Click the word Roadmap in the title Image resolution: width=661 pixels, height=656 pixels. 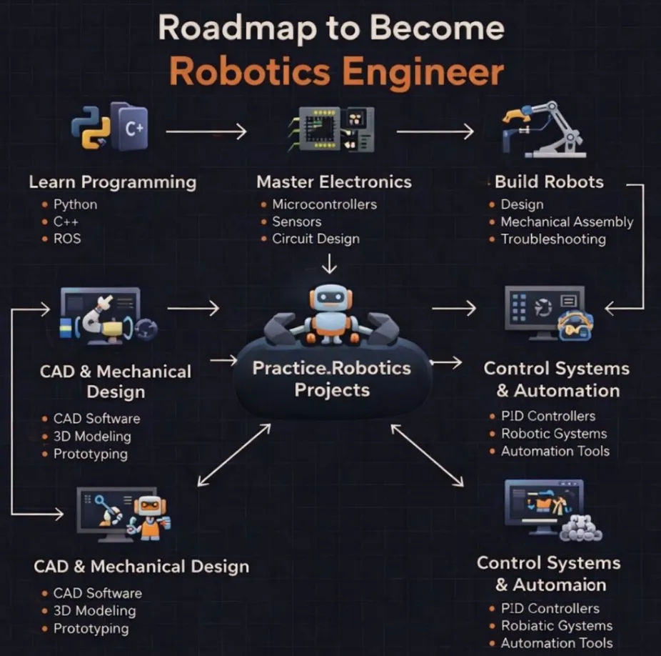point(237,29)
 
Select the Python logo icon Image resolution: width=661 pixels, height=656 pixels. point(91,127)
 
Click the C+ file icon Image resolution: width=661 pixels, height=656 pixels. point(129,126)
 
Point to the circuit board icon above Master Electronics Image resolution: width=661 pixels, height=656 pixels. point(331,129)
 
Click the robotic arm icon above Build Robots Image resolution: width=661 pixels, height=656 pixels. point(544,129)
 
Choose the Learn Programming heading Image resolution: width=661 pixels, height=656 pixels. point(113,182)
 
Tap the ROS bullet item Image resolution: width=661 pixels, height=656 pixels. point(67,239)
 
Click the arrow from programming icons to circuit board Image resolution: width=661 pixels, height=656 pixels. point(206,131)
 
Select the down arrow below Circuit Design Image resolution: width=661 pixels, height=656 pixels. point(329,264)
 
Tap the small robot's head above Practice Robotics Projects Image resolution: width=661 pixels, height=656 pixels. point(330,297)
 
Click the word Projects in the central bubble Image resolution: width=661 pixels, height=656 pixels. point(332,390)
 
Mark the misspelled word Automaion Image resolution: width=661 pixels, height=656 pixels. point(560,585)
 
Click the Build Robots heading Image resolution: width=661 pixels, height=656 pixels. point(549,182)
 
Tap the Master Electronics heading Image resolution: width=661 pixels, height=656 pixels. point(334,182)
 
